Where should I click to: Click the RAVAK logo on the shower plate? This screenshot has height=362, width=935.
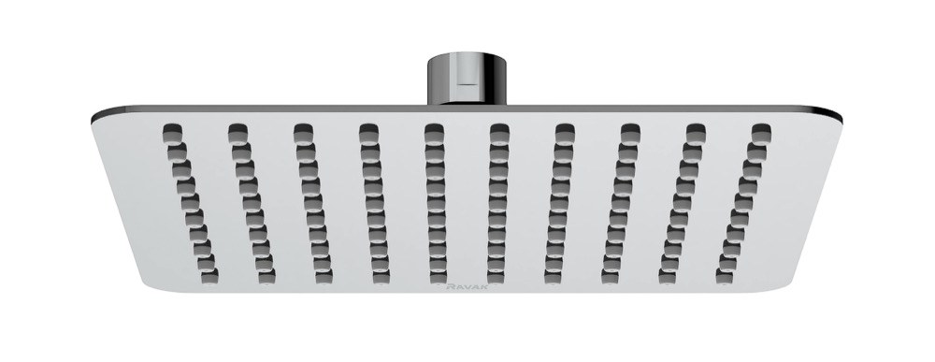(467, 286)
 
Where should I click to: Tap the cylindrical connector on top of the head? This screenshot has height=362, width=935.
(467, 79)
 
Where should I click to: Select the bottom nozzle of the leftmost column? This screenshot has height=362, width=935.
(209, 276)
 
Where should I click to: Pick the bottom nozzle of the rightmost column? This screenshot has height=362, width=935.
(726, 276)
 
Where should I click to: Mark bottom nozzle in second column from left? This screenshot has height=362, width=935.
(266, 276)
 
